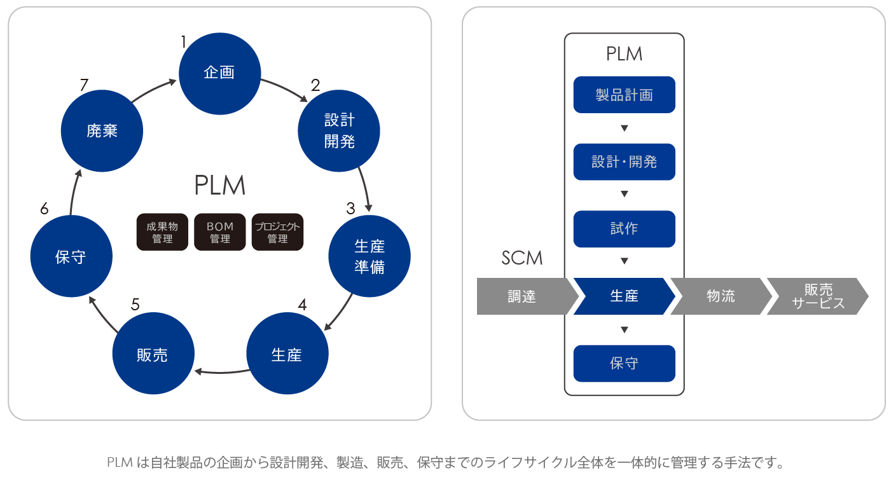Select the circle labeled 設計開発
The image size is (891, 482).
(339, 130)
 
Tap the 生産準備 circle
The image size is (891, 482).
(369, 256)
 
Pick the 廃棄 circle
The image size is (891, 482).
(102, 131)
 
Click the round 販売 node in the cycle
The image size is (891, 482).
(153, 354)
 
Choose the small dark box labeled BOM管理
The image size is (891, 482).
(220, 232)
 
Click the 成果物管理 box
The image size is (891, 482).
(162, 232)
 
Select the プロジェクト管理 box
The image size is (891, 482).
(278, 232)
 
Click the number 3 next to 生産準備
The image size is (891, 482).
(350, 208)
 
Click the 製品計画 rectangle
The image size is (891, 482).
(624, 95)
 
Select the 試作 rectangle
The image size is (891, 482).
(624, 229)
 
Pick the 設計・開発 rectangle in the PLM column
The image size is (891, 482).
(624, 162)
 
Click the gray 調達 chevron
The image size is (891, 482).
(523, 296)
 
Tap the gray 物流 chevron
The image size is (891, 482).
(721, 296)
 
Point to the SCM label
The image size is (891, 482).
(521, 258)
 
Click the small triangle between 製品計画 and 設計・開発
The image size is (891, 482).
(625, 128)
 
